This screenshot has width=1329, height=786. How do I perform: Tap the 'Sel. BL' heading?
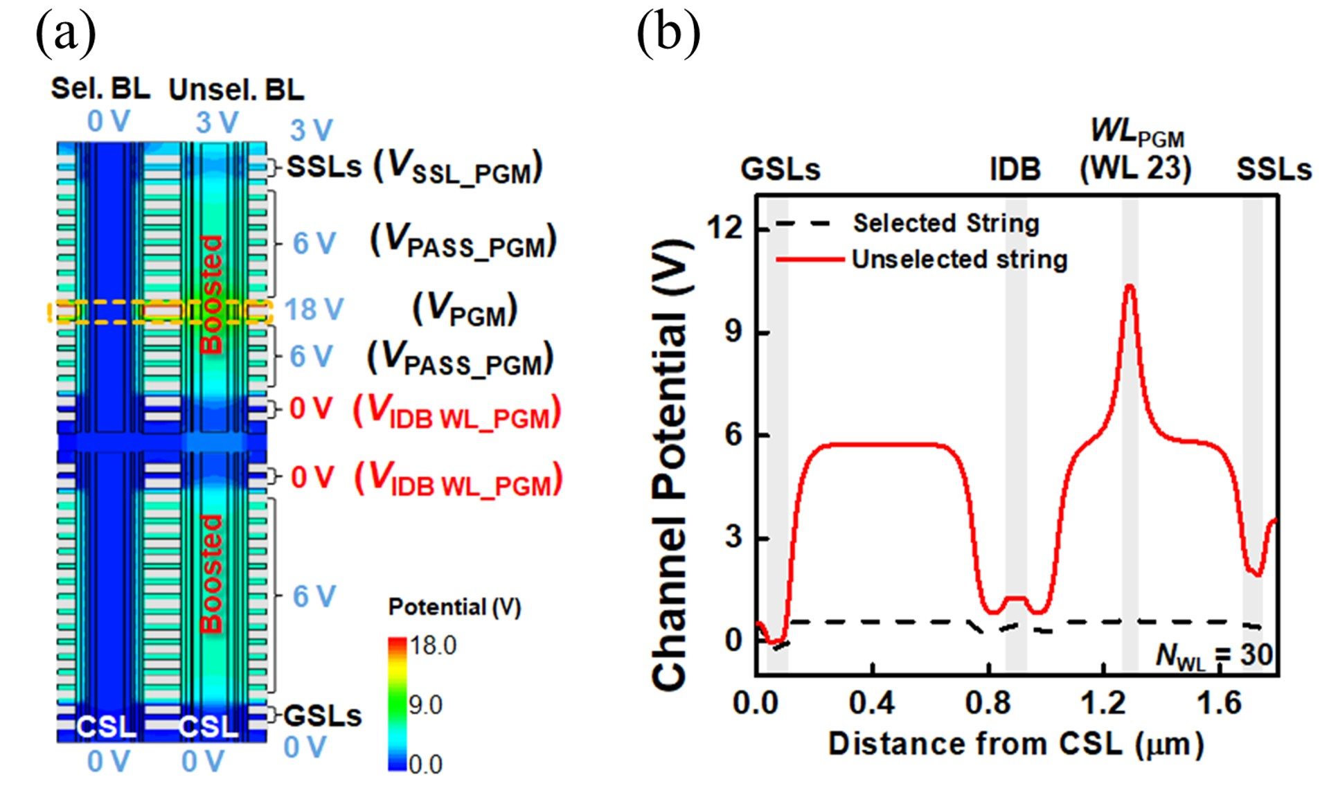[100, 89]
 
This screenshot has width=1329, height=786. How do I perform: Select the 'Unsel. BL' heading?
[236, 90]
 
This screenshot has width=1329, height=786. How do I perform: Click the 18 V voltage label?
[314, 310]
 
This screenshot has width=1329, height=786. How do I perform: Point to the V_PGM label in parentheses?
[465, 310]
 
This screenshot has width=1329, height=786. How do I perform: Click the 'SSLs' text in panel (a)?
[324, 167]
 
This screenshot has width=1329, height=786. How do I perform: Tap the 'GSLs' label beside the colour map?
[323, 716]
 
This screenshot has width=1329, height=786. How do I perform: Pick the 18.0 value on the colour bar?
[433, 645]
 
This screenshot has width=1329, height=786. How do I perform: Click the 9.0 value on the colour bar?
[425, 705]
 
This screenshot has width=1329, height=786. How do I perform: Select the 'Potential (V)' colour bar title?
[454, 607]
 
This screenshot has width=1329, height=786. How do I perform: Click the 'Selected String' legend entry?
[946, 224]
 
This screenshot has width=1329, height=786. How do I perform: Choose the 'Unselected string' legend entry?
[959, 260]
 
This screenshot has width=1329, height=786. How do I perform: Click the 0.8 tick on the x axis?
[988, 703]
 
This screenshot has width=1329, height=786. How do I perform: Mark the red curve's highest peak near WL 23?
[1130, 285]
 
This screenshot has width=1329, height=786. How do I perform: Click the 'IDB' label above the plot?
[1015, 169]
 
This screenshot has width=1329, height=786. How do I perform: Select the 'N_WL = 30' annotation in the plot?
[1214, 654]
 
